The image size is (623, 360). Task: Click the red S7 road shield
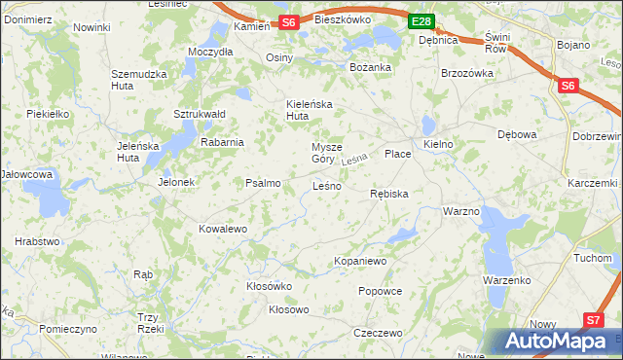594,319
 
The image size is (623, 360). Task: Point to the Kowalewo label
223,229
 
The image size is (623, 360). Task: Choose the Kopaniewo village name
360,261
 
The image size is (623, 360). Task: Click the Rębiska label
389,194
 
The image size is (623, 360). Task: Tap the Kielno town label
439,143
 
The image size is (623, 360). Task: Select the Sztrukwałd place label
200,114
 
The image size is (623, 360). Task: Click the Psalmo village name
263,182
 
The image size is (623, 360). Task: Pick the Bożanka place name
370,67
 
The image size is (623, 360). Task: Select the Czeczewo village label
379,333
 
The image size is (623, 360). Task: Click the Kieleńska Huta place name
310,109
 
